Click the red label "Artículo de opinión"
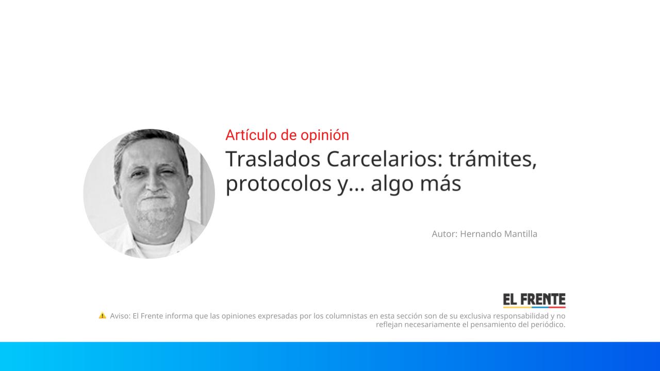(x=287, y=135)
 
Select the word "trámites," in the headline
(x=493, y=159)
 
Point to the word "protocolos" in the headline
(x=277, y=183)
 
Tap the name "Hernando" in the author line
(x=478, y=234)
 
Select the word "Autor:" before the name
(x=444, y=234)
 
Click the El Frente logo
(x=534, y=300)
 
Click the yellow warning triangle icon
(x=102, y=315)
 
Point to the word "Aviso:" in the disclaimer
(x=120, y=316)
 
